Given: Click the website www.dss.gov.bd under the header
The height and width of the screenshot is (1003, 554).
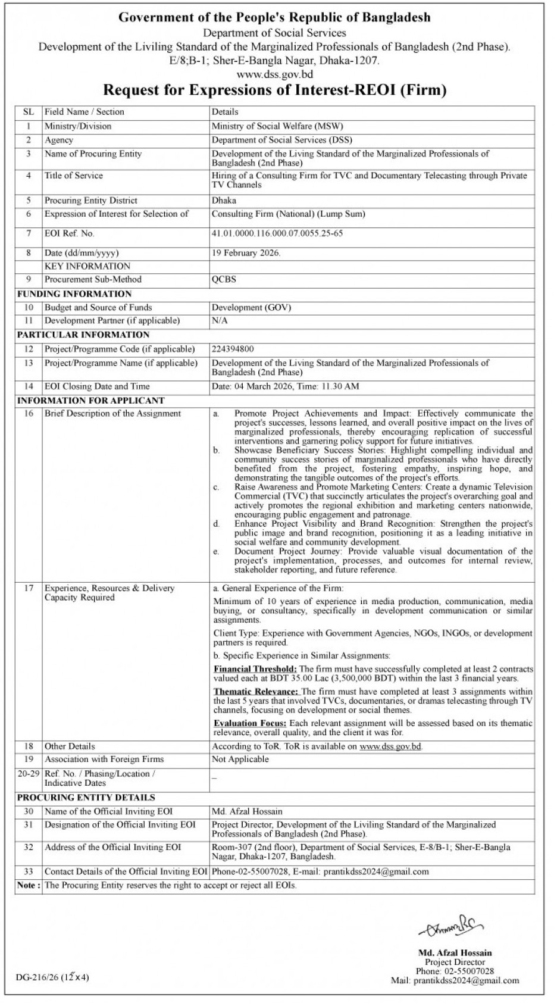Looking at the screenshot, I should point(274,74).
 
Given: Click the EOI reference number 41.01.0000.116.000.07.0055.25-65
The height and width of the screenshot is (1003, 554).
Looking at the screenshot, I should point(277,233).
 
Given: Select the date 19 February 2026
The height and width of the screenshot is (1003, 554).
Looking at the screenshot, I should point(246,253).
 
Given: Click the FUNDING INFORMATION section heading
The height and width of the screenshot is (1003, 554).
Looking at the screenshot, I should point(74,294).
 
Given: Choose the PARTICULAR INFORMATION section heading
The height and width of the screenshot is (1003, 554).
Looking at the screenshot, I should point(83,335).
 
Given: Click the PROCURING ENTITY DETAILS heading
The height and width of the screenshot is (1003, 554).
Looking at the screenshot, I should point(86,798).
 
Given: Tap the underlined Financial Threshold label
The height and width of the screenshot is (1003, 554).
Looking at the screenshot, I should point(255,670).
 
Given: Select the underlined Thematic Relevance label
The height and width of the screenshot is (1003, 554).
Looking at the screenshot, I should point(256,692).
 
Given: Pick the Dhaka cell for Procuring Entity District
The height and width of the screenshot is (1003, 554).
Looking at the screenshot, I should point(224,201).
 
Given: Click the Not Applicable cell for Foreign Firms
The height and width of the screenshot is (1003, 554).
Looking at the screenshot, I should point(240,759).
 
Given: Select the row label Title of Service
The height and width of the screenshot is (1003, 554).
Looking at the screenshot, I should point(73,176).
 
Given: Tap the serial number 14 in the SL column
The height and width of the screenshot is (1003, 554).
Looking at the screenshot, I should point(28,386).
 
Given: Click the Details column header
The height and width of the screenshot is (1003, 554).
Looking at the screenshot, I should point(225,111).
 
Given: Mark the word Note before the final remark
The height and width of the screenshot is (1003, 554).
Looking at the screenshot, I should point(27,885).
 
